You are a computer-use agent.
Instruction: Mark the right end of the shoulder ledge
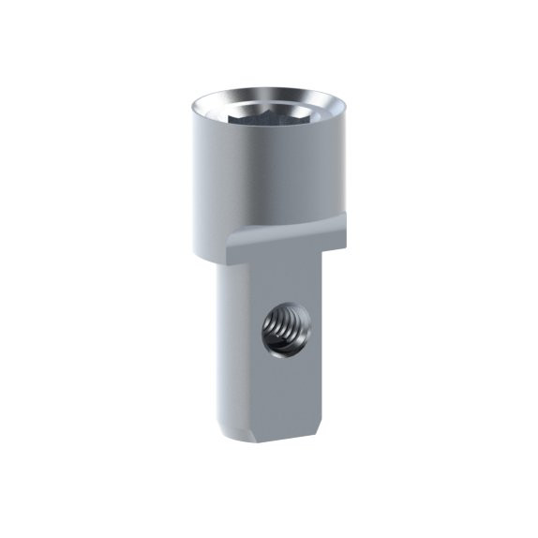[345, 219]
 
